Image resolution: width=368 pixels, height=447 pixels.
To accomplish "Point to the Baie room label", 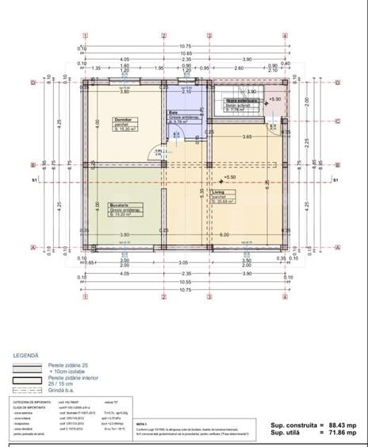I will coord(171,113).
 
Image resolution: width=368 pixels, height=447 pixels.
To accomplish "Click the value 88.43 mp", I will coord(341,426).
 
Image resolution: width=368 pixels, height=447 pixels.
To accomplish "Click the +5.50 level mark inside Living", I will coord(231,177).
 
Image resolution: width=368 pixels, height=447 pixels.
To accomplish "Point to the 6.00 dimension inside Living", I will coord(225,235).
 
